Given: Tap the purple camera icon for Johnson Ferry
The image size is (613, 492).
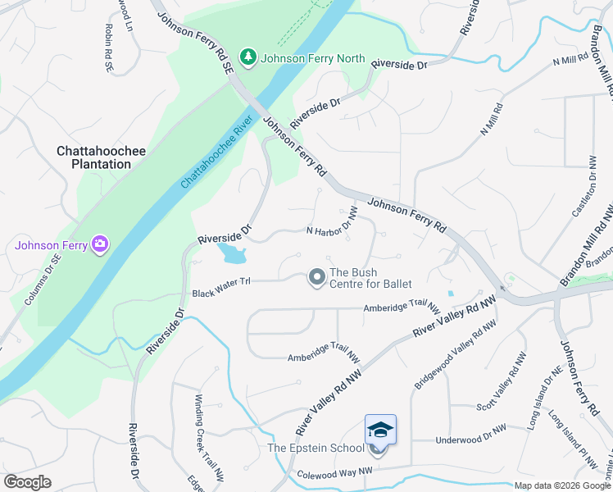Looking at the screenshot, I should [100, 244].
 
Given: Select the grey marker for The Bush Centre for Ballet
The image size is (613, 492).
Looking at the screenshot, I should [316, 279].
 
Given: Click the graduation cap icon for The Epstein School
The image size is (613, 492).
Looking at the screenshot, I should [379, 430].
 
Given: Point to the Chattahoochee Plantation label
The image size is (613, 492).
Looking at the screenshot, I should [93, 157].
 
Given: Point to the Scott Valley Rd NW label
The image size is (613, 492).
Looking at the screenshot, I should [508, 383].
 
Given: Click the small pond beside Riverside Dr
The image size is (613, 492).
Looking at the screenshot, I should [232, 253].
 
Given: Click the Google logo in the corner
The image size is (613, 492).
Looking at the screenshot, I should [27, 481].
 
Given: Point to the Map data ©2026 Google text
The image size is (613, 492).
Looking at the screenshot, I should [562, 485].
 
